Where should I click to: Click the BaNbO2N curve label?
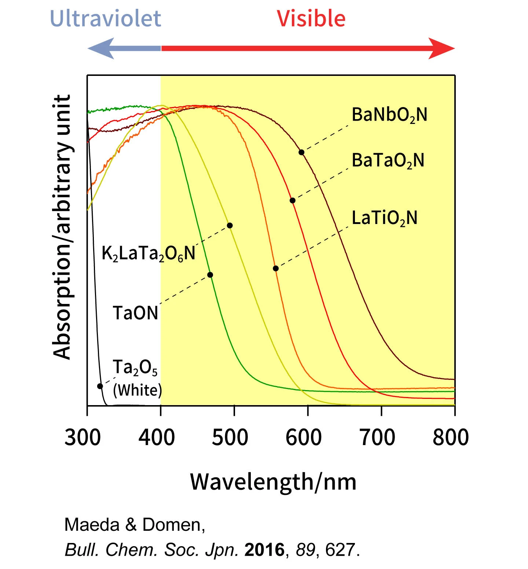[x=389, y=115]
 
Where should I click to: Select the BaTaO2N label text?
[x=388, y=161]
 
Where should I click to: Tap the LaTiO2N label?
[x=384, y=218]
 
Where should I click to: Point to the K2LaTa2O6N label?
[x=148, y=253]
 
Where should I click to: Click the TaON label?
[x=135, y=313]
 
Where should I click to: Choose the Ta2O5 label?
[x=135, y=367]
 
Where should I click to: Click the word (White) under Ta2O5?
[x=137, y=390]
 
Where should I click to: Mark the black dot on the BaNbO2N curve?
[x=301, y=152]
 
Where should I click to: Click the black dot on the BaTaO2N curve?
[x=292, y=201]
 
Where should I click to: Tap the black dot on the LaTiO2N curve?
[x=276, y=269]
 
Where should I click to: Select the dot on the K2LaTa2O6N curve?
[x=230, y=225]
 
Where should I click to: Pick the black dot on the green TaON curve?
[x=210, y=275]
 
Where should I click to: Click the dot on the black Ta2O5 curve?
[x=100, y=386]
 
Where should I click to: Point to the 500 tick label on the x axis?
[x=230, y=437]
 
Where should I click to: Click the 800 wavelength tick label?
[x=451, y=437]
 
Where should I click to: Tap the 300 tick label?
[x=82, y=437]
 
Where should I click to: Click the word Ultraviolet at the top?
[x=105, y=18]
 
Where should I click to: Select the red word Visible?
[x=311, y=18]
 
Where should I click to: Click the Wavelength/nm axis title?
[x=273, y=482]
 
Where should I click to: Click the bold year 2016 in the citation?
[x=264, y=550]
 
